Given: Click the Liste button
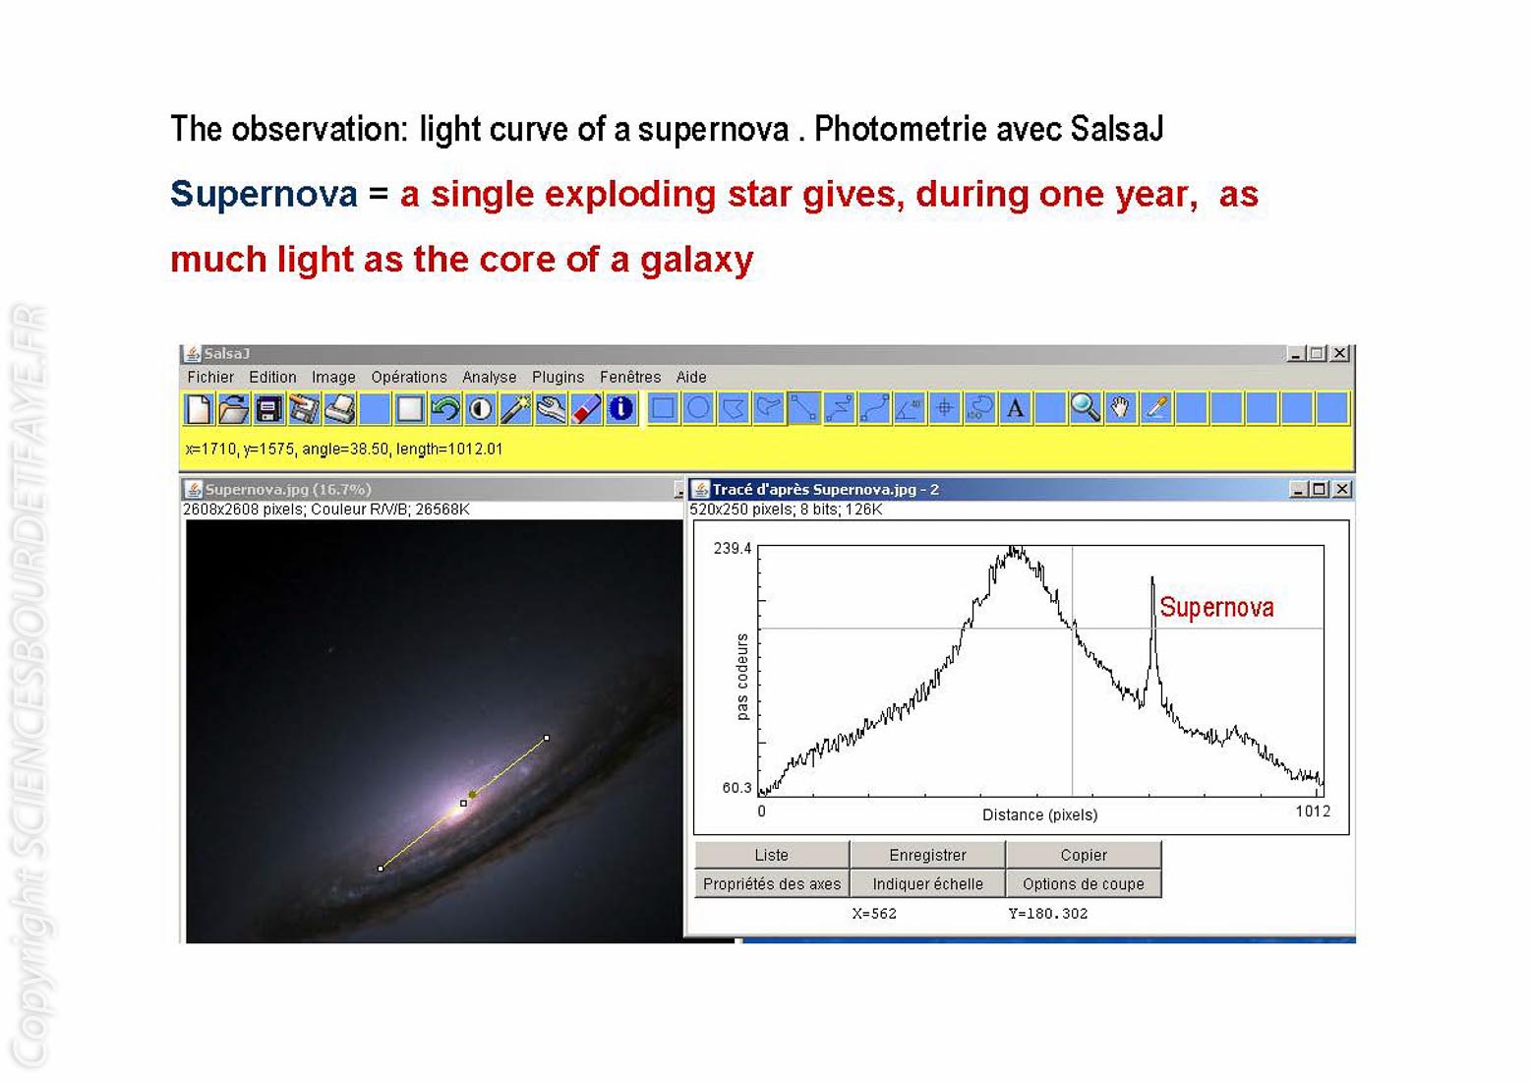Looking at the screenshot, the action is (x=772, y=855).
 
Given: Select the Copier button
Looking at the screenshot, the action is (x=1084, y=855).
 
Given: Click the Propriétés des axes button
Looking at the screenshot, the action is (x=772, y=883).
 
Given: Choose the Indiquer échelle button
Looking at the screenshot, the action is (x=927, y=883).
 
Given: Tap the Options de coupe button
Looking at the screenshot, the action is (x=1084, y=883).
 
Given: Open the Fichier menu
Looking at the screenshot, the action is (x=210, y=377).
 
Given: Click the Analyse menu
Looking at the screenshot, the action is (x=490, y=377).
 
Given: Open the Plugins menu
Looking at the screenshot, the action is (x=558, y=377).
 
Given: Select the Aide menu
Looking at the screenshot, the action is (x=691, y=377).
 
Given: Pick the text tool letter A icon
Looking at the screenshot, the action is (x=1016, y=408).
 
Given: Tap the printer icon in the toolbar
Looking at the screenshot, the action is (x=339, y=408).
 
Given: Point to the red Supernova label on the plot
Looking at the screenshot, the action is (x=1216, y=607).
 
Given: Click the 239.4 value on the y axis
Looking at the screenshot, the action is (x=732, y=548).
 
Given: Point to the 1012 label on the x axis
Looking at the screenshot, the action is (x=1313, y=811).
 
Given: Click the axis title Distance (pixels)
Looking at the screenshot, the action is (x=1039, y=814).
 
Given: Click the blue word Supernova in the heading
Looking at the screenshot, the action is (x=264, y=194).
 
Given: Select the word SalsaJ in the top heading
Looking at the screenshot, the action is (x=1117, y=129).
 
